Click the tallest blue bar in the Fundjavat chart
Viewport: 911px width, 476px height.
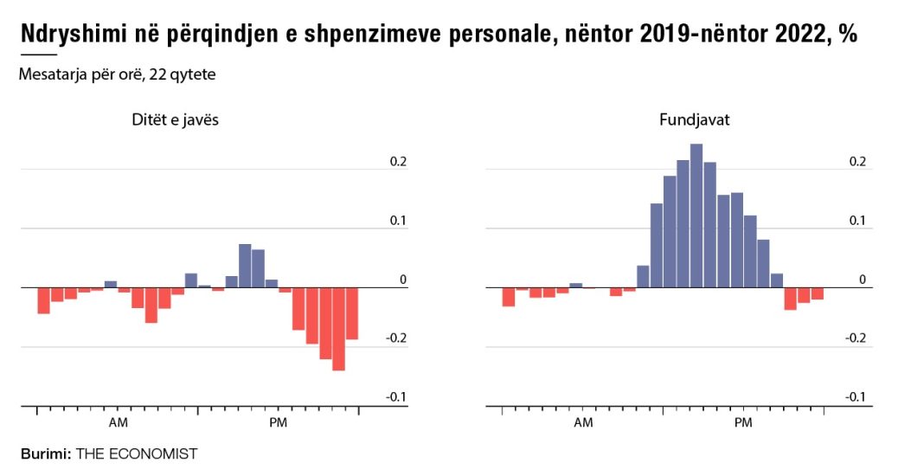click(696, 215)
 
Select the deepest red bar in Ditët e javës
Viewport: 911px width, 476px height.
click(338, 329)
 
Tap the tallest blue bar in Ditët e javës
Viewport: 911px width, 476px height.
click(245, 266)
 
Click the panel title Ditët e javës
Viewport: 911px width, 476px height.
click(170, 120)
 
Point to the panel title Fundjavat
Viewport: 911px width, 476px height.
click(695, 120)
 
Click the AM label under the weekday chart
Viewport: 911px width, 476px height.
click(119, 422)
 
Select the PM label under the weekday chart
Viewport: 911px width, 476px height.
click(278, 422)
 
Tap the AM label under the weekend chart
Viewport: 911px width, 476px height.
click(584, 422)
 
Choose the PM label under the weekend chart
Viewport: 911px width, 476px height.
click(743, 422)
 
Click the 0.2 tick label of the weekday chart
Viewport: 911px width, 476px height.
click(397, 162)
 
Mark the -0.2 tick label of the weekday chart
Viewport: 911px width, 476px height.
click(395, 338)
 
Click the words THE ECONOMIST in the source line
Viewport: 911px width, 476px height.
click(136, 453)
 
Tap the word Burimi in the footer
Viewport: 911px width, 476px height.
click(45, 453)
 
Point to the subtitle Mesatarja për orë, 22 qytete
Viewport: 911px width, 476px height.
click(117, 74)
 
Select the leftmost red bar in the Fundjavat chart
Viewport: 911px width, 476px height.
click(509, 297)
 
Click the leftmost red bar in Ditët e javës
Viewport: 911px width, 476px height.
click(43, 300)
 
